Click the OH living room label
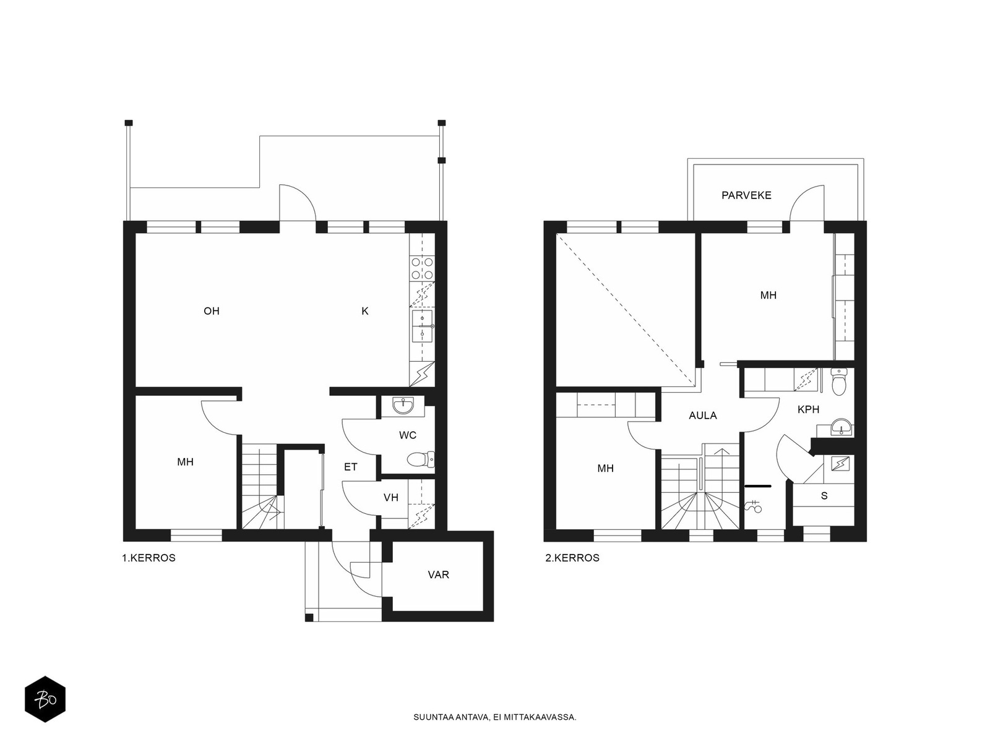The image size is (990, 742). pos(212,311)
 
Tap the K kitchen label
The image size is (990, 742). pos(365,311)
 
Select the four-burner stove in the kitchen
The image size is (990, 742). pos(422,268)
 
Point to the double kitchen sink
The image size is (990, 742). pos(422,326)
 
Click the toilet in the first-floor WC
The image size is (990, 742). pos(421,459)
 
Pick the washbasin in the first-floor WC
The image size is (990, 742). pos(402,406)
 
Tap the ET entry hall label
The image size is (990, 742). pos(350,467)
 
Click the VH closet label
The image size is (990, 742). pos(391,497)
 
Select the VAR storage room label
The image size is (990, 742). pos(439,575)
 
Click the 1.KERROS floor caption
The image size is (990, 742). pos(149,558)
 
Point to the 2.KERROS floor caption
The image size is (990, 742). pos(572,558)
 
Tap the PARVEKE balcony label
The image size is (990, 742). pos(746,195)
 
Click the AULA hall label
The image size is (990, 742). pos(703,416)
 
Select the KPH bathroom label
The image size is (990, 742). pos(808,409)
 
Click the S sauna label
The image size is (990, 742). pos(824,496)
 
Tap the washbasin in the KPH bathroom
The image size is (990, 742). pos(841,427)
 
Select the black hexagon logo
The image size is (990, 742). pos(45,699)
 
